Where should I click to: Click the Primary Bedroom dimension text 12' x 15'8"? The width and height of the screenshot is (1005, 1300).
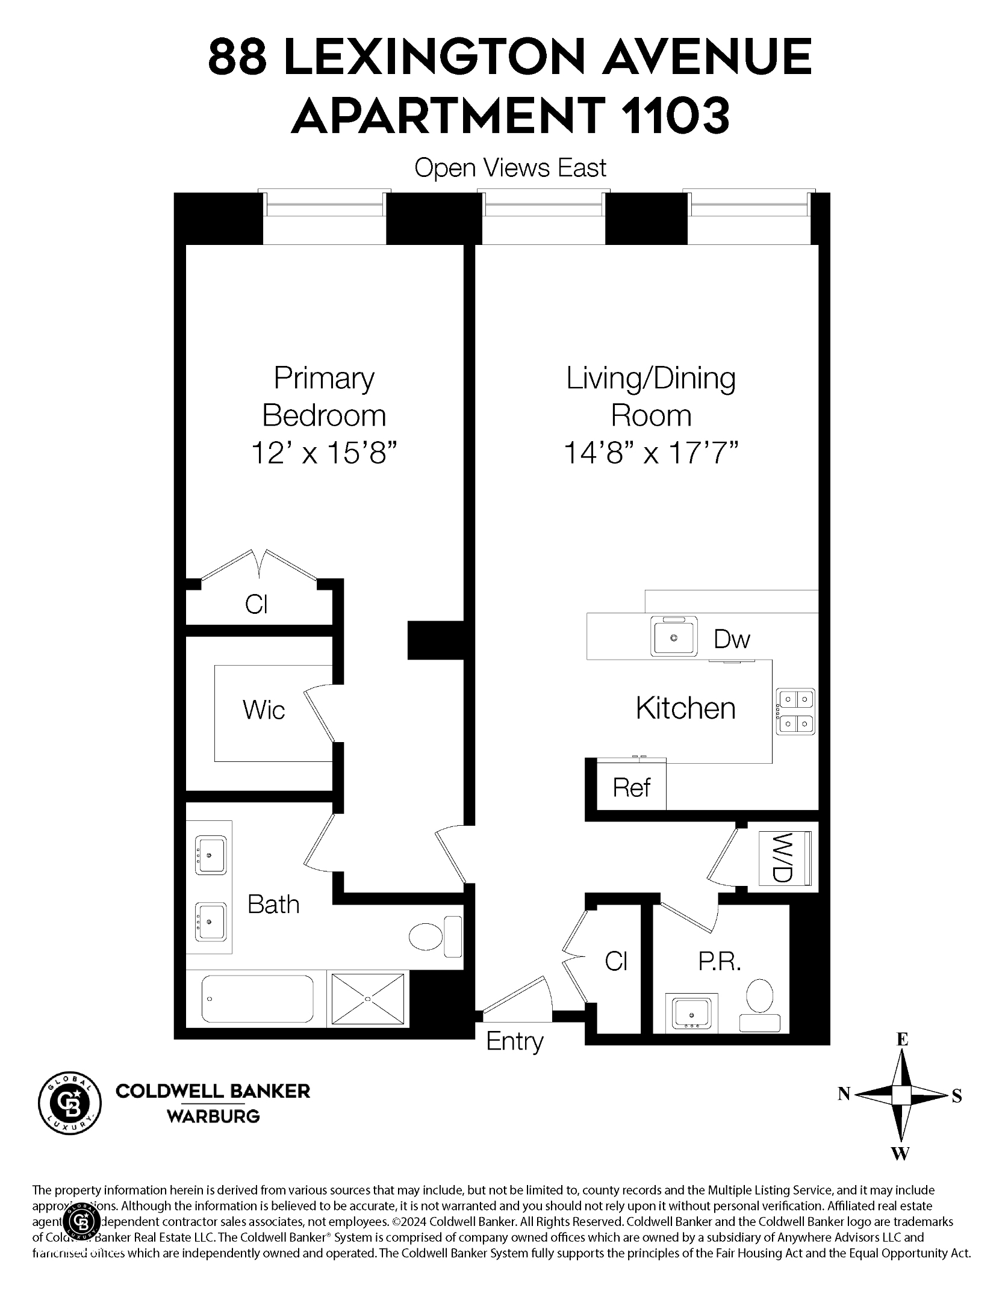click(x=325, y=453)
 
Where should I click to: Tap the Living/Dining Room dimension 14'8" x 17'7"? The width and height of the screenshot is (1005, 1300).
click(x=651, y=453)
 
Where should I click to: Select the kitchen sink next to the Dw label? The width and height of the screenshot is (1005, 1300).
click(x=674, y=637)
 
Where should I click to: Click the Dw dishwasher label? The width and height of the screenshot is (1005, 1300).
click(x=732, y=639)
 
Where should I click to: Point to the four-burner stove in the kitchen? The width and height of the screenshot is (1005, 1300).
click(x=795, y=711)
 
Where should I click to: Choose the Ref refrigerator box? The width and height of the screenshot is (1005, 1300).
click(x=632, y=787)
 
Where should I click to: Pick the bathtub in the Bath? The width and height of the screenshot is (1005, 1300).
click(x=258, y=998)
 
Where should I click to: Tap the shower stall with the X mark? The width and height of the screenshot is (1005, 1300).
click(x=367, y=998)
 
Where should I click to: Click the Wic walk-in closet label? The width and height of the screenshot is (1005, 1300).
click(x=264, y=710)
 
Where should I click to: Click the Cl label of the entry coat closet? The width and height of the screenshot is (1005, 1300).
click(x=616, y=961)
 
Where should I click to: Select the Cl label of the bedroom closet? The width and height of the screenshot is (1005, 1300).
click(x=256, y=604)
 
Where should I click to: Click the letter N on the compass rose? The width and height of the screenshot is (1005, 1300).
click(x=844, y=1094)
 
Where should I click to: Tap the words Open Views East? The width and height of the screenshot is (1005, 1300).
click(x=510, y=168)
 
